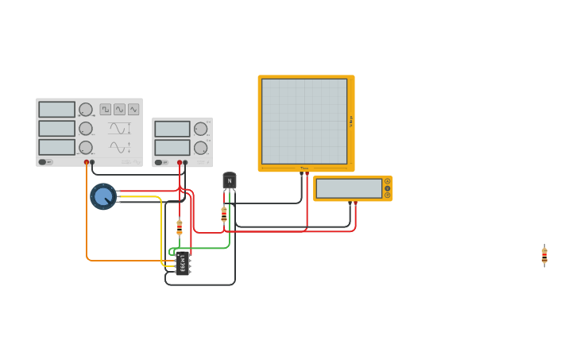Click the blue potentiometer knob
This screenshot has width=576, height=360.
103,196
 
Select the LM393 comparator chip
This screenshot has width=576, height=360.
183,263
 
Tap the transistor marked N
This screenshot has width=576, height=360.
230,180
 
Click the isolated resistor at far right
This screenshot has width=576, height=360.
544,255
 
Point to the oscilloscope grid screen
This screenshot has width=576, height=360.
304,121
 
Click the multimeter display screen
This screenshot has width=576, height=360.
349,188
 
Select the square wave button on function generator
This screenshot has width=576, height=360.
105,110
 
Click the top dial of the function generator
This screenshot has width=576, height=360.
85,110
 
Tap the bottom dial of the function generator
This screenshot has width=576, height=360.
85,147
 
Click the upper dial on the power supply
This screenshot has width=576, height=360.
200,129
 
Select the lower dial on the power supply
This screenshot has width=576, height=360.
200,148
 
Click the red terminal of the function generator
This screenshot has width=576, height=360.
87,162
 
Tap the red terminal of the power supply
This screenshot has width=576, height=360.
180,163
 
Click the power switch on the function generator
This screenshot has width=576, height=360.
45,162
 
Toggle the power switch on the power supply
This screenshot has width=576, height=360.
160,163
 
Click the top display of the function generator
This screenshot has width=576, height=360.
56,110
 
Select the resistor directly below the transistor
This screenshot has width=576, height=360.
224,214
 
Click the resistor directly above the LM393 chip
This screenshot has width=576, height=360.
180,226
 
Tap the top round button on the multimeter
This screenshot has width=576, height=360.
388,181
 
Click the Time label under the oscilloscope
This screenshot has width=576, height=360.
304,168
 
